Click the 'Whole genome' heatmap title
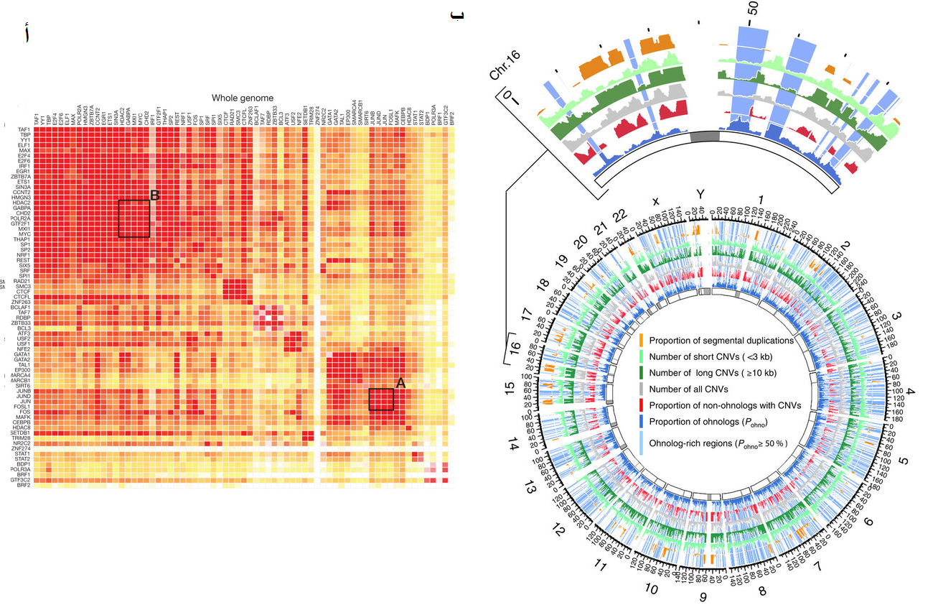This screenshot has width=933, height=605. click(x=242, y=98)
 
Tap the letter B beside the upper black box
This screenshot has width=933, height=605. click(x=154, y=195)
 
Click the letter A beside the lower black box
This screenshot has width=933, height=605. click(x=400, y=384)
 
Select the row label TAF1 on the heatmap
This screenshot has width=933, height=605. click(x=23, y=129)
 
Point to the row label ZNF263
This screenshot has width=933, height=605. click(x=20, y=302)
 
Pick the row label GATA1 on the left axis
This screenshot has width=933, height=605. click(x=22, y=355)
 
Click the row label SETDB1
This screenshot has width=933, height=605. click(x=20, y=433)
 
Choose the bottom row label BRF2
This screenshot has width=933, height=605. click(x=23, y=486)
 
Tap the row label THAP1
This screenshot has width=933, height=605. click(x=22, y=239)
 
